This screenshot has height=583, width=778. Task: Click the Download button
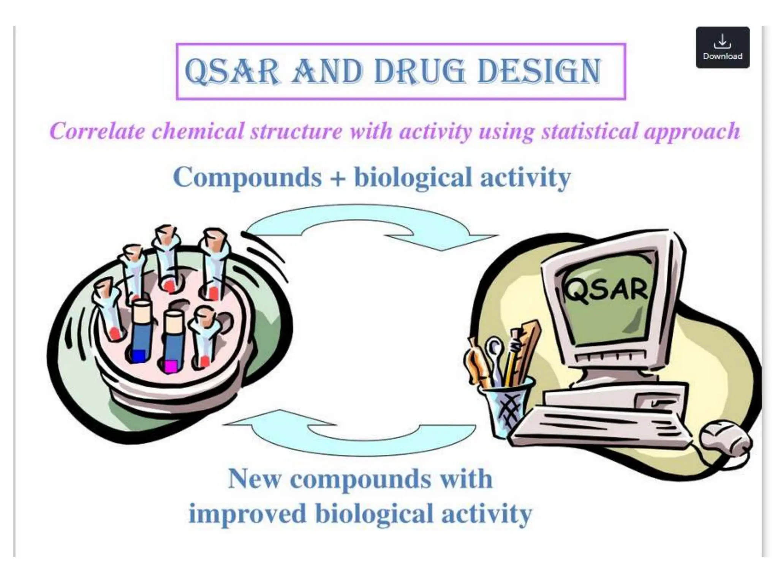(x=722, y=47)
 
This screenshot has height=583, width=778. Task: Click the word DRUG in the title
(x=419, y=71)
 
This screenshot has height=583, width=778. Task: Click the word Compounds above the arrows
(x=247, y=177)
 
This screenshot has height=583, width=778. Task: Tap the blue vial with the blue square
(x=140, y=330)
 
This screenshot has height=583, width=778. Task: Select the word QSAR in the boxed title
(x=232, y=71)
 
